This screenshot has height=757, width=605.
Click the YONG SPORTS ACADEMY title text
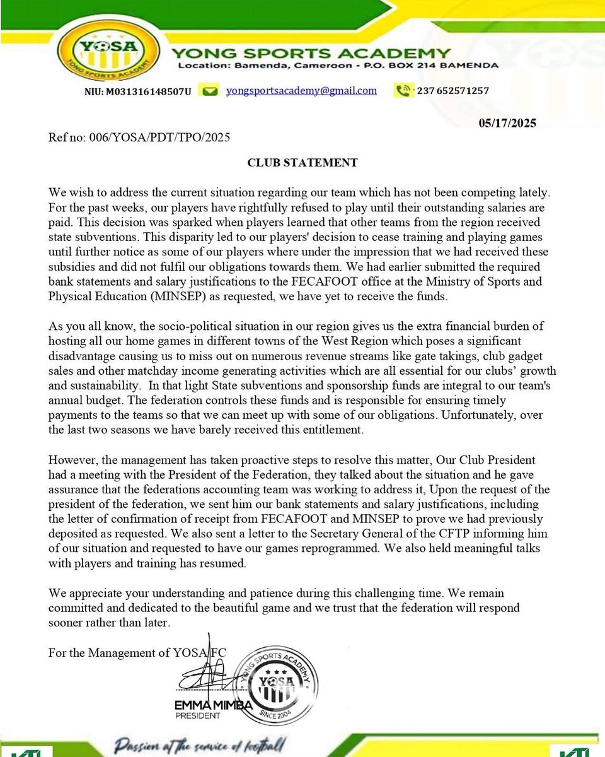(314, 53)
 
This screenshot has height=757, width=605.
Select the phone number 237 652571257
(452, 91)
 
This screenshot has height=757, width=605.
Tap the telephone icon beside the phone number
(403, 91)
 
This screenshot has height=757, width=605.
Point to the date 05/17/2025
(507, 123)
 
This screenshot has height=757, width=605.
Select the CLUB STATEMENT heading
(302, 163)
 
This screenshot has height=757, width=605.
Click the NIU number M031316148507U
(137, 91)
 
